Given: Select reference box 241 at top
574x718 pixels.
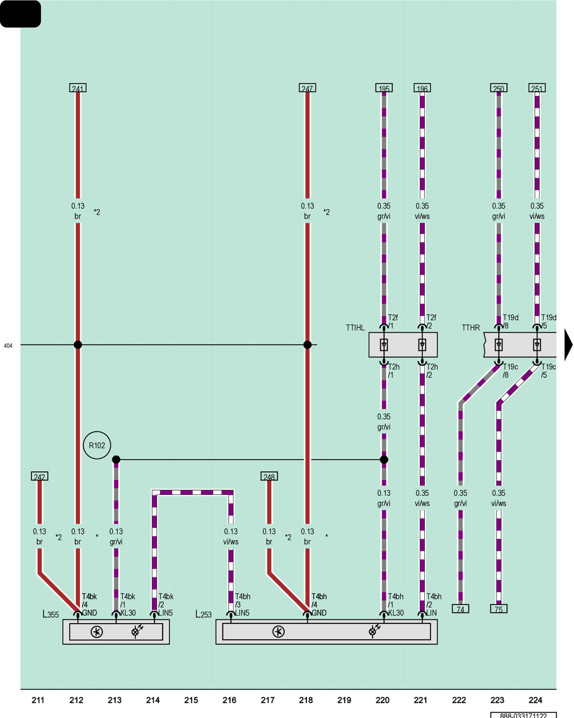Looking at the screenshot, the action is coord(77,88).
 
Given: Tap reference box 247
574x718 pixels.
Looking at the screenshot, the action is coord(307,88).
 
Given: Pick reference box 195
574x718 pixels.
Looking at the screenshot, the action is coord(384,88).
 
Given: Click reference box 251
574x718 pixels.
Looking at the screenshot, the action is coord(537,88).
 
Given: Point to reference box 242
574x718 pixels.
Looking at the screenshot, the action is coord(39,476).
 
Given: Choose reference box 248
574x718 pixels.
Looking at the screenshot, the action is coord(269,476).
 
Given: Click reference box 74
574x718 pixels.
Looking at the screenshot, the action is coord(460,609).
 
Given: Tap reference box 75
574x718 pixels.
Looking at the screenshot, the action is coord(498,609).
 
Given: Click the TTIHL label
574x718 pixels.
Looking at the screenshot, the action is coord(355,327).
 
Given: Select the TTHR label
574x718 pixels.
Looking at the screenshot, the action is coord(471,327).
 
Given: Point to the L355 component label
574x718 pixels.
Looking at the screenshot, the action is coord(51,614).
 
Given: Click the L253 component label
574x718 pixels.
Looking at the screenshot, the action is coord(203,614).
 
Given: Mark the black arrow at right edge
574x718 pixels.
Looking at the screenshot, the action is coord(568,345).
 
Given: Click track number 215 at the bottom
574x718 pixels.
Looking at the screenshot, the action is coord(191,700).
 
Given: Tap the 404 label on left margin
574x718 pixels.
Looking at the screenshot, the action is coord(8,346).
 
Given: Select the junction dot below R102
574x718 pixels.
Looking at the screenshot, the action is coord(116,460).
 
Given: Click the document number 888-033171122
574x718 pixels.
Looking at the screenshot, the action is coord(523,716).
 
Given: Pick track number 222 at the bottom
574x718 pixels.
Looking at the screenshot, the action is coord(459,700).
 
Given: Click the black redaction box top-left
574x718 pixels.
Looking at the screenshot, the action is coord(21,14).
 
